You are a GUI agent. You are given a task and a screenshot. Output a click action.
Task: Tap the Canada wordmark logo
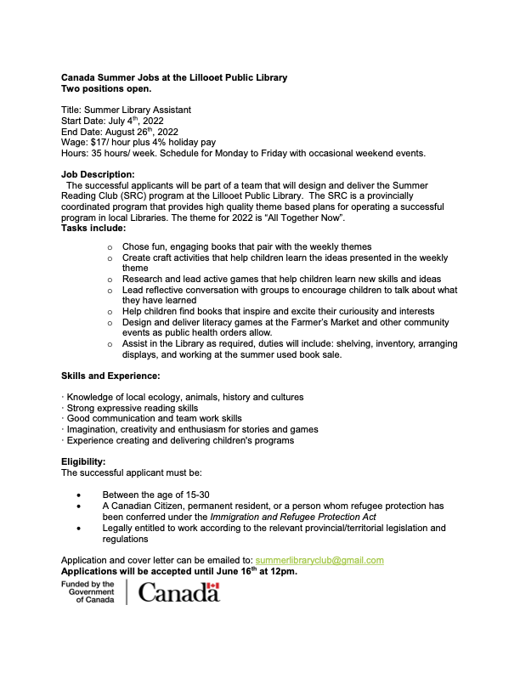tap(178, 592)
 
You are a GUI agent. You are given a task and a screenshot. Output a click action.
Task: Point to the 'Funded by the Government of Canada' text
tap(88, 592)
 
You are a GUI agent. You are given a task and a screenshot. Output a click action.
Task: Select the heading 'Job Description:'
tap(98, 174)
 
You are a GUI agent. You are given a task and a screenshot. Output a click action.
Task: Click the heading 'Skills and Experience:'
tap(111, 375)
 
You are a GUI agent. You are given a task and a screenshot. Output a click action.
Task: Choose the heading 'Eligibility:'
tap(84, 461)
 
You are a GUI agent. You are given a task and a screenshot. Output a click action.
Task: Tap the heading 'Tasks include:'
tap(93, 229)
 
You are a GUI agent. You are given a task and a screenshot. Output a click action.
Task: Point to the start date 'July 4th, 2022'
tap(135, 121)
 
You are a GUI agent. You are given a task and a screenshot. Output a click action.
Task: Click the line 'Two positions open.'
tap(106, 88)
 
